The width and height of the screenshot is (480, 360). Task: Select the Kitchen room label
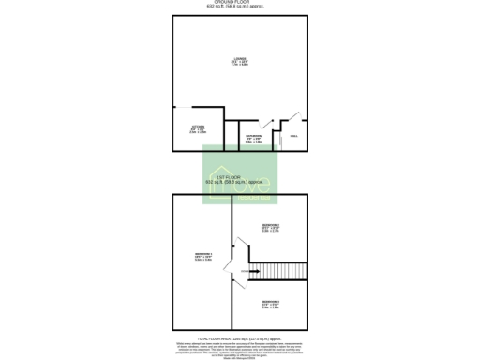pyautogui.click(x=198, y=127)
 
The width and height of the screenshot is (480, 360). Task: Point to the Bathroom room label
pyautogui.click(x=253, y=136)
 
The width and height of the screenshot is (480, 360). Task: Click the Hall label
pyautogui.click(x=293, y=137)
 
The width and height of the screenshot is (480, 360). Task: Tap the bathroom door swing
pyautogui.click(x=266, y=124)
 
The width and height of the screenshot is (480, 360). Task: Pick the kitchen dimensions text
pyautogui.click(x=198, y=131)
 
